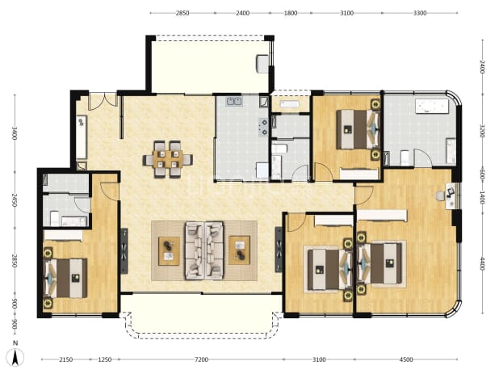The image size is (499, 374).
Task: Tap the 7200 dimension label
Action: point(201,359)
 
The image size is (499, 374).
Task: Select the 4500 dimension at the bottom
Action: point(406,359)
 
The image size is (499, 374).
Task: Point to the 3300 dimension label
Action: point(420,13)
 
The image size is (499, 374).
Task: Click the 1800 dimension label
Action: point(291,13)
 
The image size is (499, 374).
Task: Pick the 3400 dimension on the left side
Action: point(15,133)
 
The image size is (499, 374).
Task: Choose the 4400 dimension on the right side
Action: point(482,263)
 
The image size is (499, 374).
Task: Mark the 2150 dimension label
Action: point(66,359)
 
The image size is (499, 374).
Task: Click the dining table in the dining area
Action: point(168,159)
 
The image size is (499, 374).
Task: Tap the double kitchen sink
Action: point(234,102)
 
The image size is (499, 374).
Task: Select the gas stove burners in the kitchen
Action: point(263,127)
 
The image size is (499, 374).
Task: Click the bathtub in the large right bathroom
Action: point(431,106)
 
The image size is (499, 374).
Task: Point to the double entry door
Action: point(103,101)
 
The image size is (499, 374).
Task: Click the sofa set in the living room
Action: point(204,251)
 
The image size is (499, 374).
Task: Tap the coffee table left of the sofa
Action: point(169,251)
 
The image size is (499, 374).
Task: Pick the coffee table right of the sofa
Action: point(239,250)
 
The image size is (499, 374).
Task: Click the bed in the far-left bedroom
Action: point(66,278)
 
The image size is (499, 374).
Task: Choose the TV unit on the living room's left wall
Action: point(124,250)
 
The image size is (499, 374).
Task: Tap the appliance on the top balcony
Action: point(263,64)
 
